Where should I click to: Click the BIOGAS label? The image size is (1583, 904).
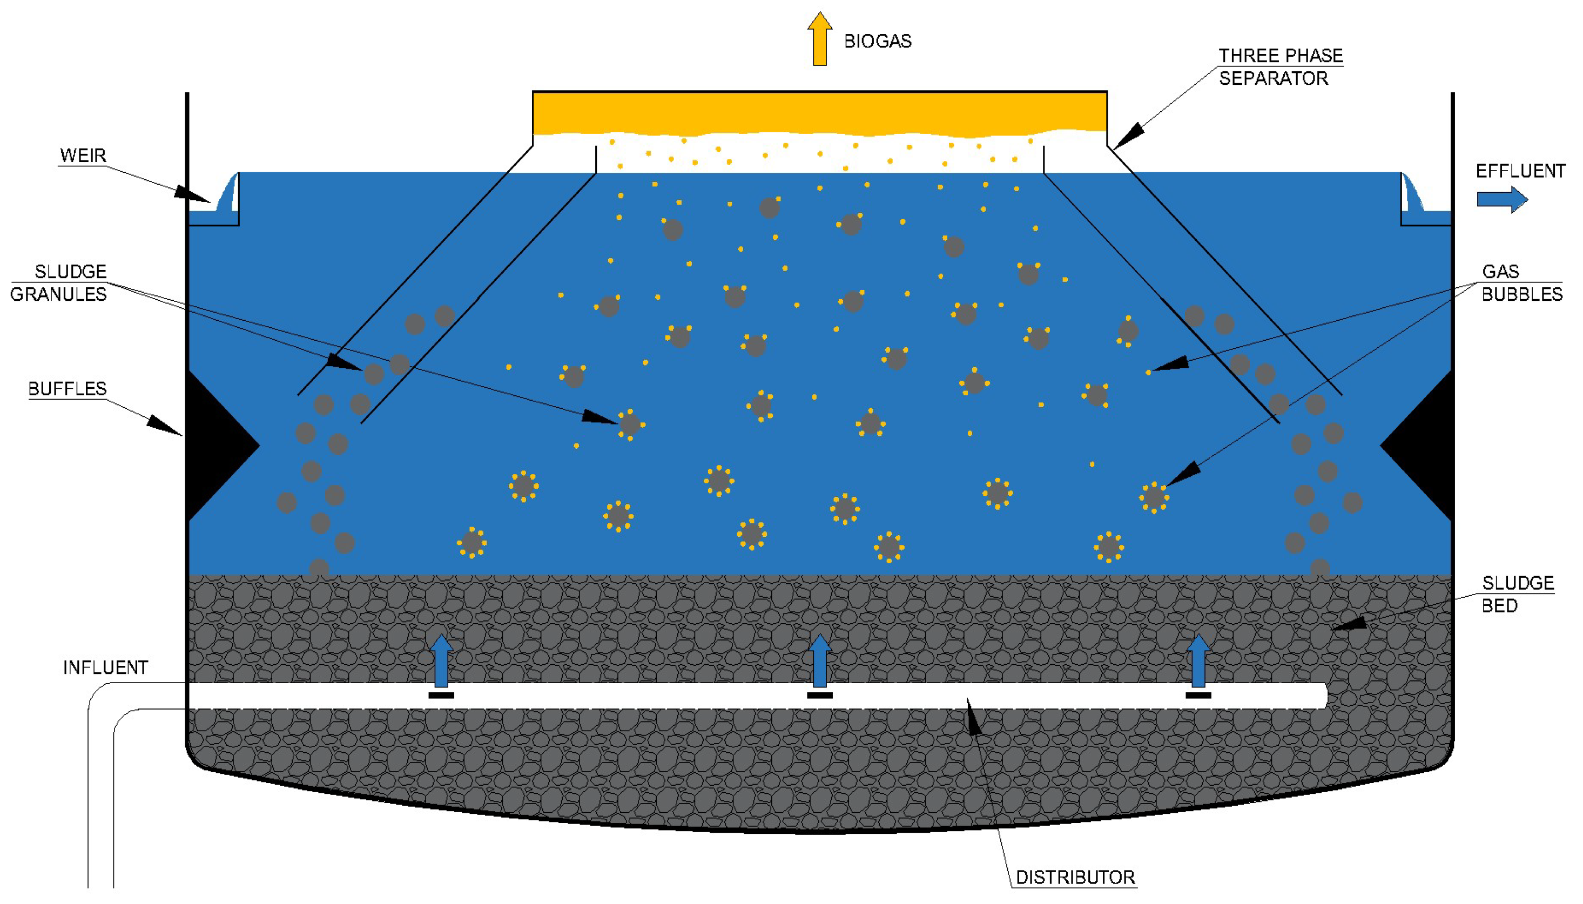pos(877,41)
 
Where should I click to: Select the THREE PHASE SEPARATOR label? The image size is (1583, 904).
pos(1279,66)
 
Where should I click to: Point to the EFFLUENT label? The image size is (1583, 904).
pos(1520,171)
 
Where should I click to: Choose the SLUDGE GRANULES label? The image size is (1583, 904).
pos(59,282)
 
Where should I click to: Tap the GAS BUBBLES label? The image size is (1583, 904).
pos(1521,282)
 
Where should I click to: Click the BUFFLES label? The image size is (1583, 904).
pos(67,389)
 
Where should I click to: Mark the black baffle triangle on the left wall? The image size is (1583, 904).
pos(214,445)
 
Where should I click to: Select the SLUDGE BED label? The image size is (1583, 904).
pos(1517,593)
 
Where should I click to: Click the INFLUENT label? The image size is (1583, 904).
pos(105,667)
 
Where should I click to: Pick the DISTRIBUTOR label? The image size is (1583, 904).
pos(1075,878)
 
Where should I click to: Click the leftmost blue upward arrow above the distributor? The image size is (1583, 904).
pos(441,660)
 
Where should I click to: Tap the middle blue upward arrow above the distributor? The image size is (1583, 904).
pos(819,660)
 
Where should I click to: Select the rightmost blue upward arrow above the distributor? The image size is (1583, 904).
pos(1197,660)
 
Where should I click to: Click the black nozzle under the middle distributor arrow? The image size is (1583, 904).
pos(819,696)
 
